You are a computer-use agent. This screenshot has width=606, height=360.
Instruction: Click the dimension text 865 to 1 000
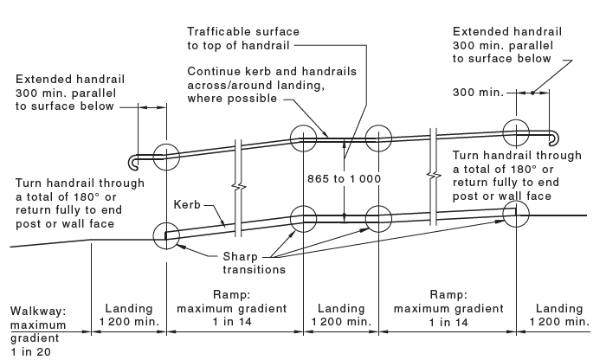[x=343, y=178]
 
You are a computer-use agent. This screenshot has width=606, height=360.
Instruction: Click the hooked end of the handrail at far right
[x=555, y=136]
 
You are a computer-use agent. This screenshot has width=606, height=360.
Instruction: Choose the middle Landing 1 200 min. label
[x=341, y=315]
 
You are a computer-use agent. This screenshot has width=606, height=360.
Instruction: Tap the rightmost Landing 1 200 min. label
[x=558, y=315]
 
